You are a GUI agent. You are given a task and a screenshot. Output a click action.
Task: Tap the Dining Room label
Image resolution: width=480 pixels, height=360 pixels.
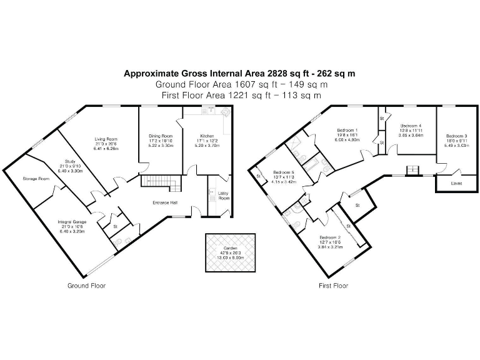(161, 136)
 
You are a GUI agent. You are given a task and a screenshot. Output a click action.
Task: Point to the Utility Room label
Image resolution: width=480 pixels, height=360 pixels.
(223, 196)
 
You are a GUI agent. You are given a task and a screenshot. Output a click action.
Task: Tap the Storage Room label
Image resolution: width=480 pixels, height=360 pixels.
(36, 179)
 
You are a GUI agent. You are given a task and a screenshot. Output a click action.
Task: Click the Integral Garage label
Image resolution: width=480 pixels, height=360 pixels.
(71, 222)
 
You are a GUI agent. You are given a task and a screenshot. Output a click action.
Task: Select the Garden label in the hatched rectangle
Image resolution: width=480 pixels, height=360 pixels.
(231, 247)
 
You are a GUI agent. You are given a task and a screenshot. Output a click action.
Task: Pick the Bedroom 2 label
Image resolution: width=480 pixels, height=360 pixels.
(330, 238)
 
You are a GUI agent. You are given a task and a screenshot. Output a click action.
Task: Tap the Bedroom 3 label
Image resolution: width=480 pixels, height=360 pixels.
(456, 136)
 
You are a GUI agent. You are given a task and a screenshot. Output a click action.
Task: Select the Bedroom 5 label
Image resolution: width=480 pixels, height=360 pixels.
(284, 172)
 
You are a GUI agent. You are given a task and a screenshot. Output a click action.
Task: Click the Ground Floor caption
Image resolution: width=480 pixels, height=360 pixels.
(86, 286)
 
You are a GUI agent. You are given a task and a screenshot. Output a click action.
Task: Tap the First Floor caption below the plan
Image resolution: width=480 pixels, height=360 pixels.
(332, 286)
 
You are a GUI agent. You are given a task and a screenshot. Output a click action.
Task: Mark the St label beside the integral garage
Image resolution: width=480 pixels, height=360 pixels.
(116, 217)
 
